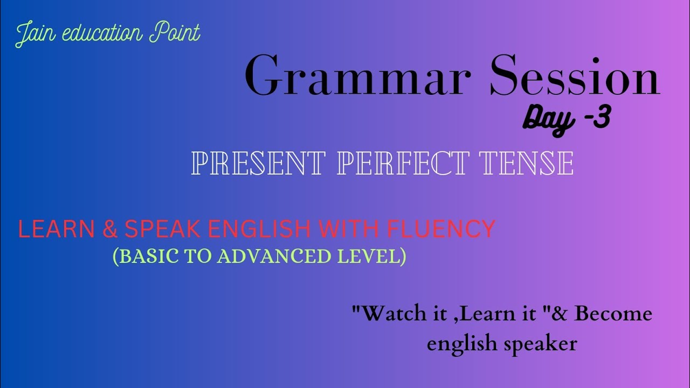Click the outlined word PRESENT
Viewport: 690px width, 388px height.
pyautogui.click(x=258, y=163)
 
